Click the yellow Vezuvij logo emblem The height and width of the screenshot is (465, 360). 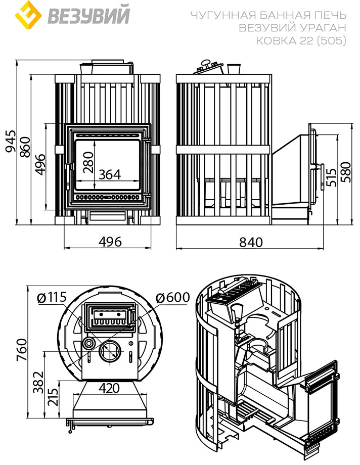pos(28,15)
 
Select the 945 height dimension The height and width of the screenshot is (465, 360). pos(11,142)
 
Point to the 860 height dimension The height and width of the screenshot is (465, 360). pos(25,148)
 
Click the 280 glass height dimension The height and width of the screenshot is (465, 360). pos(88,162)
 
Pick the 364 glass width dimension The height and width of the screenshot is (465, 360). pos(110,174)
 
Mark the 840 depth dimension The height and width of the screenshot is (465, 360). pos(251,242)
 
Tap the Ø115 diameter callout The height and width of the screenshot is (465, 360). pos(52,297)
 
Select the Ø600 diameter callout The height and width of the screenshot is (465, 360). pos(172,297)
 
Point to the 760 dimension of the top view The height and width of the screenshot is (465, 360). pos(22,350)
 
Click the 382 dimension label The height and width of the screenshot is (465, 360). pos(38,382)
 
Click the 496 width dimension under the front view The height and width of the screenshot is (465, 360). pos(110,242)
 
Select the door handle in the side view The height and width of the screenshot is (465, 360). pos(322,177)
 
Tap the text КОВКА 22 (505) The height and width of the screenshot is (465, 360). pos(301,40)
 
